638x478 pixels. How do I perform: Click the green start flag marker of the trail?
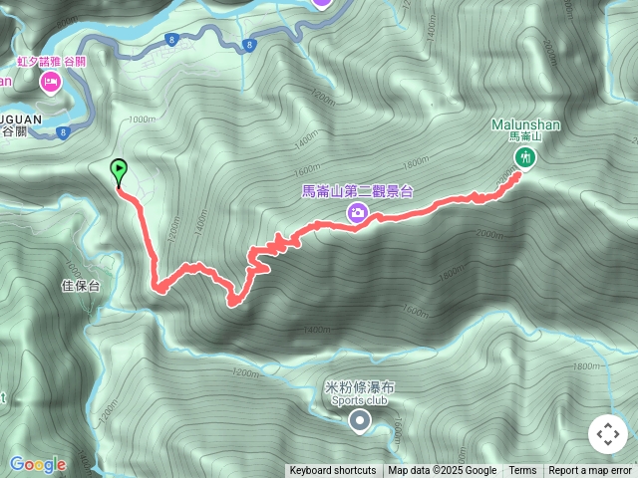click(120, 171)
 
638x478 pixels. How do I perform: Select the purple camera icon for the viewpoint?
click(357, 212)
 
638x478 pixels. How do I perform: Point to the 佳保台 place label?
click(81, 286)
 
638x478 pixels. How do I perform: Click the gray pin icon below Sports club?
click(360, 423)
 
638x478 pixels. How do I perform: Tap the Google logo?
click(37, 464)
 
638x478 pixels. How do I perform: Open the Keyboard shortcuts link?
click(333, 471)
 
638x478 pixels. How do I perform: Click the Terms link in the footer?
click(522, 471)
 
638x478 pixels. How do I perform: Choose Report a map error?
click(591, 471)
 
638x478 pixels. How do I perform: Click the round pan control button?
click(608, 434)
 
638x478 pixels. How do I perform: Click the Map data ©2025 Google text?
click(442, 471)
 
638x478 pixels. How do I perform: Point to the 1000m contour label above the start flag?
click(143, 120)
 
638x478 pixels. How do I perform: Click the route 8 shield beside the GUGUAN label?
click(63, 131)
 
